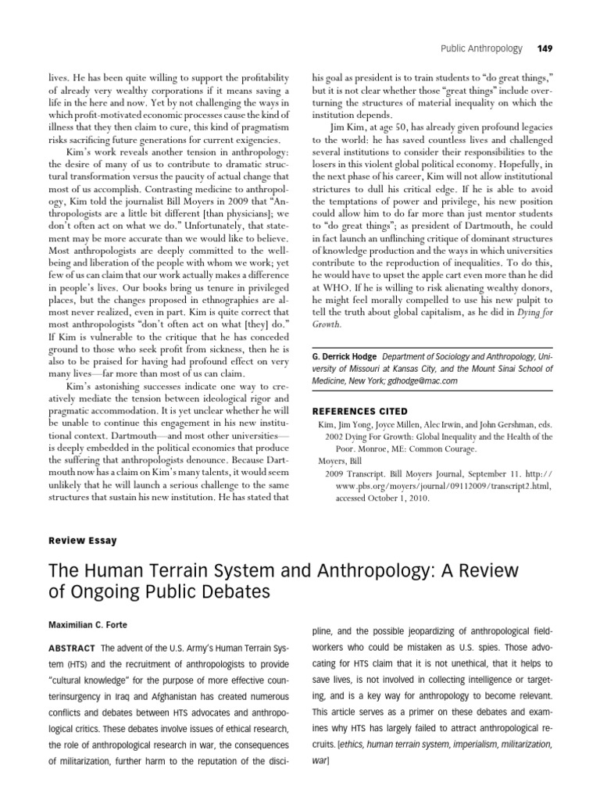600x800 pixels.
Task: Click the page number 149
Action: pos(545,48)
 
